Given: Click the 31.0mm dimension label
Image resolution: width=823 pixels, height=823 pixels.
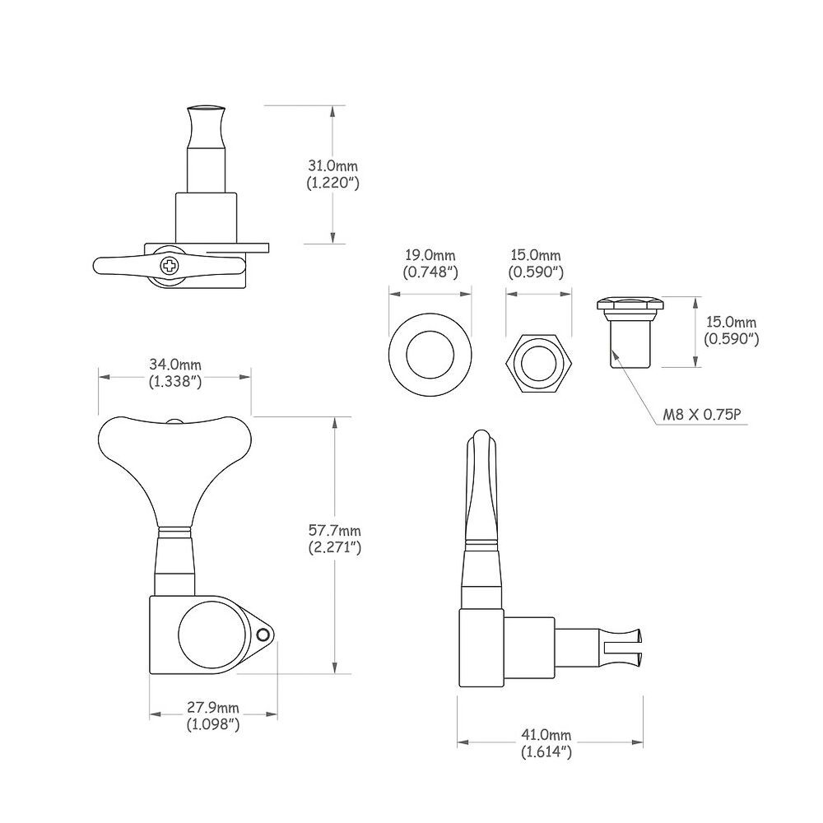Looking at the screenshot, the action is pos(332,166).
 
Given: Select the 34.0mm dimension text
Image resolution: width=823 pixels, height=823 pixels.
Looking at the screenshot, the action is pos(175,365).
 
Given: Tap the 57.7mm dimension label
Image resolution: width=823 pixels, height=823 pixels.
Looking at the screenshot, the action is pos(335,531).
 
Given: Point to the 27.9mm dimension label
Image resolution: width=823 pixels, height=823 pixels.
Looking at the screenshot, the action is pos(213,708).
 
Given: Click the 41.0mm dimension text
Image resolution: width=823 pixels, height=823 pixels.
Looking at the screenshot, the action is pos(546,735).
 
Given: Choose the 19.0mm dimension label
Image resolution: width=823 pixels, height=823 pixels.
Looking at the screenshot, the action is pos(430,256).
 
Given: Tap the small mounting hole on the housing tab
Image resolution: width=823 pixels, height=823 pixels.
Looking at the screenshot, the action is pos(262,636).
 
